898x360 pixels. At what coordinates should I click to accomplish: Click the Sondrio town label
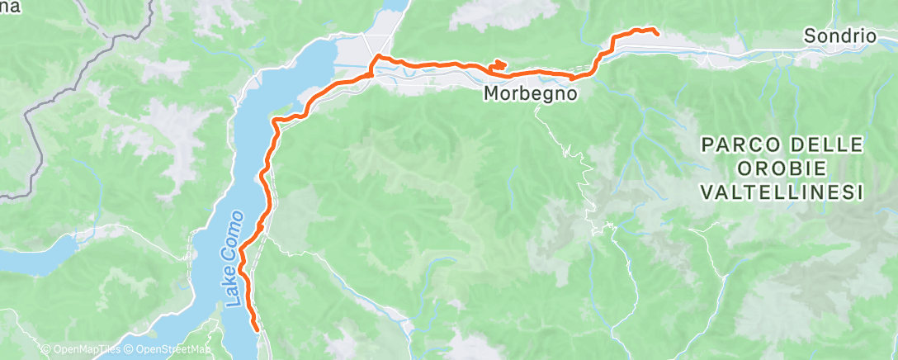839,36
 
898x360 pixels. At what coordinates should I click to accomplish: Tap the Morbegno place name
528,94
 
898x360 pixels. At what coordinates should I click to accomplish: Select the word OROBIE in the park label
782,169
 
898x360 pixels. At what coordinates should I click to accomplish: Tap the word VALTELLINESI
782,192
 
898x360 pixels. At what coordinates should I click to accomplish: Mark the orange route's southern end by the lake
258,329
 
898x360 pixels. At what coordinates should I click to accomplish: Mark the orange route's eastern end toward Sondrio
656,33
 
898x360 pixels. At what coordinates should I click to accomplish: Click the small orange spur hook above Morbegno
499,64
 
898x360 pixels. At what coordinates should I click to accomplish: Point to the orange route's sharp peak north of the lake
377,56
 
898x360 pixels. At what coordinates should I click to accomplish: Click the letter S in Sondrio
809,36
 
